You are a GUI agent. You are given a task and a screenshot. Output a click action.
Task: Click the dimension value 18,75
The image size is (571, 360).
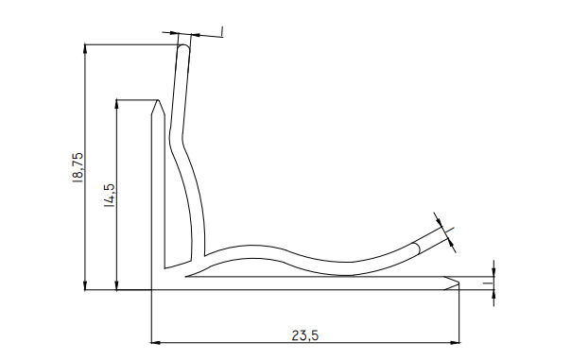coord(78,167)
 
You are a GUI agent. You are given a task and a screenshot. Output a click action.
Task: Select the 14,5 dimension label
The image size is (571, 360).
coord(110,195)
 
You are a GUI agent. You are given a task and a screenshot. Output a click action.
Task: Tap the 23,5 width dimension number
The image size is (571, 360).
coord(305,335)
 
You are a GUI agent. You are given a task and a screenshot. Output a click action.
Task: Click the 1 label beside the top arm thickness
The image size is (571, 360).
coord(222,31)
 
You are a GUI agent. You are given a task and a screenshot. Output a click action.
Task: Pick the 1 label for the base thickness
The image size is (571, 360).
coord(489,283)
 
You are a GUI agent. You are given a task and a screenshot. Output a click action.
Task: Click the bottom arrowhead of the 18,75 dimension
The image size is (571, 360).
coord(85,285)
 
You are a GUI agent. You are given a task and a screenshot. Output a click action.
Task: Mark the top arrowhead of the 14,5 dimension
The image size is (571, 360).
coord(116,104)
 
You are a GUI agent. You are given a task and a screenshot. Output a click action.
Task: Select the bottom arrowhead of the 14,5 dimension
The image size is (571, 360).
coord(116,285)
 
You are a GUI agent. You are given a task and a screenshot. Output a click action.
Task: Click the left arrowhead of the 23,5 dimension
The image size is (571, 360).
coord(156,343)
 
